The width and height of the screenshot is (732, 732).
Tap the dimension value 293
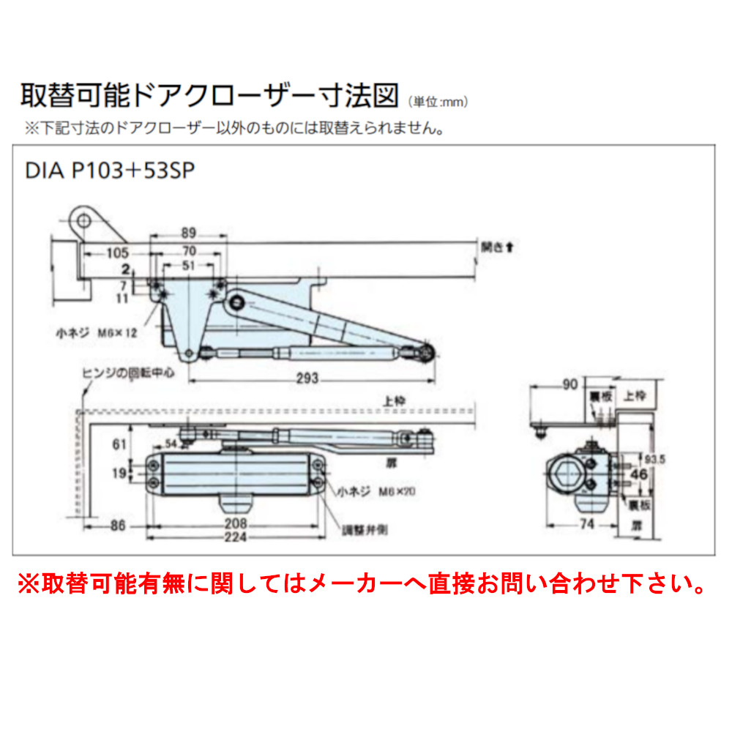[x=308, y=378]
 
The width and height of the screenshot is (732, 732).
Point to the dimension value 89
[x=188, y=234]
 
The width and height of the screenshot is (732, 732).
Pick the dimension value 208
[x=235, y=525]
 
